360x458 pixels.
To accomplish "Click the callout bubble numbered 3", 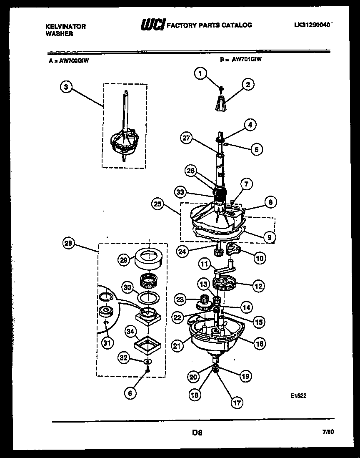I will (x=66, y=87).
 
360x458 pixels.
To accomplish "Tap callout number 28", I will (x=69, y=243).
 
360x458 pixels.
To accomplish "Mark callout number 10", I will (x=260, y=258).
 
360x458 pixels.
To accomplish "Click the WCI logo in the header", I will (x=153, y=25).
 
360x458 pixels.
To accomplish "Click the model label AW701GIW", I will (x=247, y=59).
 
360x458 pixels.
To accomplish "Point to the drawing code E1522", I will (x=299, y=396).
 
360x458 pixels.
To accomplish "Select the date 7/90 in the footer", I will (x=328, y=433).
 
